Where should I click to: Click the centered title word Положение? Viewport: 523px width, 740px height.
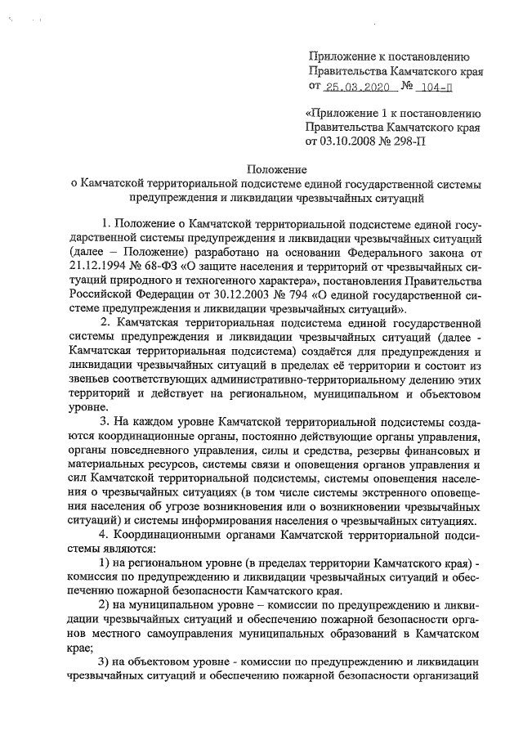pos(275,169)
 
